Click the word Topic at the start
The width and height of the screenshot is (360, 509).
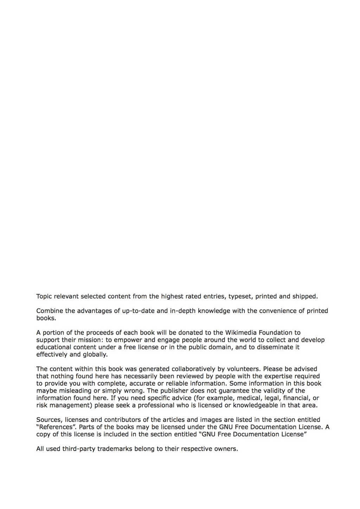[x=44, y=296]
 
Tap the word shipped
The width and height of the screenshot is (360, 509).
[x=305, y=296]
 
